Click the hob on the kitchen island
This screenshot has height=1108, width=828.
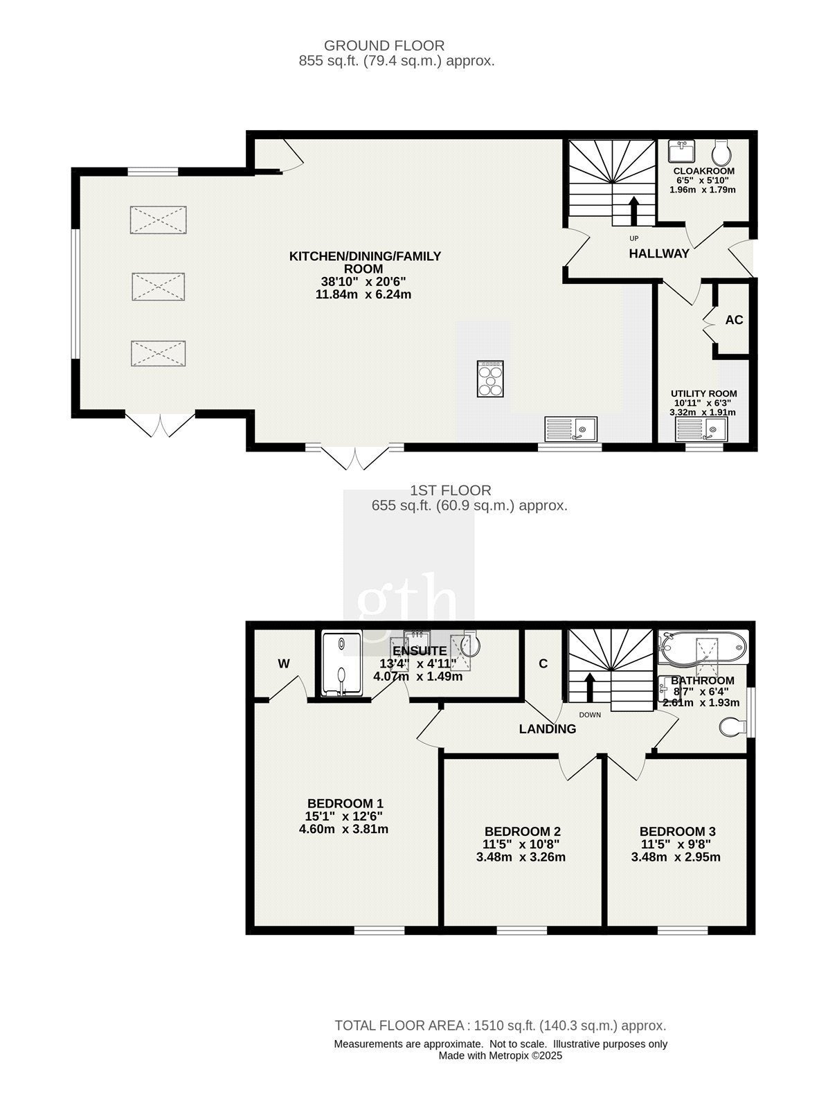coord(490,379)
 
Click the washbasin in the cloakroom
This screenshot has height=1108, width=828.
coord(682,150)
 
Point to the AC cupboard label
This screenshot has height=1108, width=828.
coord(734,320)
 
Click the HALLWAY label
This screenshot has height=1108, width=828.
coord(659,254)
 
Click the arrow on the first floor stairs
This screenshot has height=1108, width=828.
coord(589,686)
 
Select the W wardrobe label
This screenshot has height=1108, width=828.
coord(284,664)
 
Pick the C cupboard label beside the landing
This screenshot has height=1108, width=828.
coord(543,664)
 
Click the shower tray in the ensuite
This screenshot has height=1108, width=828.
coord(341,663)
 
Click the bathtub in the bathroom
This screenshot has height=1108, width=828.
coord(703,647)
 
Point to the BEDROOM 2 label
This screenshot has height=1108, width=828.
coord(522,832)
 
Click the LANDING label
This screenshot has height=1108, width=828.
coord(548,729)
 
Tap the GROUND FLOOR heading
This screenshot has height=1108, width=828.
coord(384,46)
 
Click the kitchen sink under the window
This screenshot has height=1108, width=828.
coord(570,429)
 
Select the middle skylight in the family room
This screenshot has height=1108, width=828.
coord(159,287)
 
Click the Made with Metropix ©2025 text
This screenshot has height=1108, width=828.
coord(500,1055)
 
